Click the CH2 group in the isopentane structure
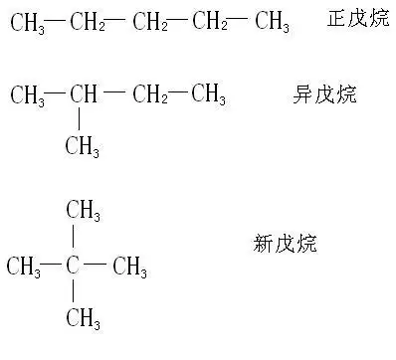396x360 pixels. click(149, 96)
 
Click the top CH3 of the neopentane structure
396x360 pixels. click(83, 210)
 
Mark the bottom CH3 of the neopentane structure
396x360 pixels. click(83, 318)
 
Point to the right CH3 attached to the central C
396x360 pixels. click(129, 267)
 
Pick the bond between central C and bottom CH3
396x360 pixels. click(74, 291)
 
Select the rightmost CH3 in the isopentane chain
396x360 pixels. click(209, 96)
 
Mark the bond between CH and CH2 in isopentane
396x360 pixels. click(115, 93)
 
